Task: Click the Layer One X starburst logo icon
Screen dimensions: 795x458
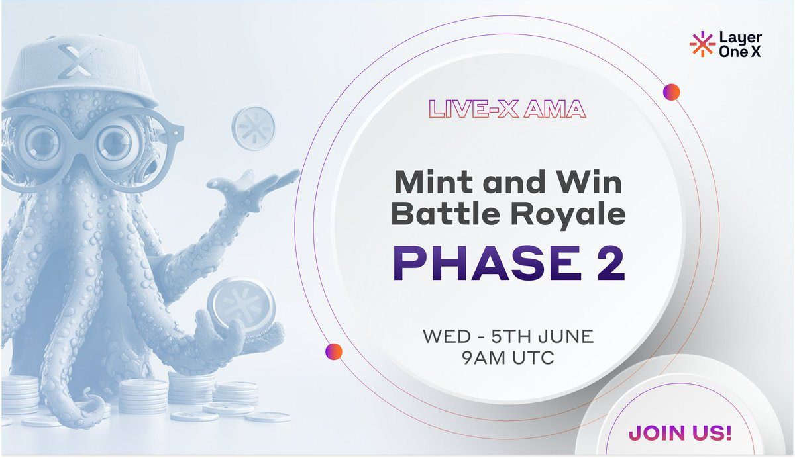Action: point(702,44)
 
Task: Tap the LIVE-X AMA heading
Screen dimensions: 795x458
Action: point(507,109)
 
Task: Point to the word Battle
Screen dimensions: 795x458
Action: point(445,214)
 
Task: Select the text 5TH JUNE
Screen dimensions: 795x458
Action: point(543,336)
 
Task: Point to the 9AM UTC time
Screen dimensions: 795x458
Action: point(508,357)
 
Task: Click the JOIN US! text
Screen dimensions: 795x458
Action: point(680,433)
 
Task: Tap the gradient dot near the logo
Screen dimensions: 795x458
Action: point(672,92)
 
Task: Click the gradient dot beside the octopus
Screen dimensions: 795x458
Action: point(334,351)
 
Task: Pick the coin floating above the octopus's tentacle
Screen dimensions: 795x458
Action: point(253,127)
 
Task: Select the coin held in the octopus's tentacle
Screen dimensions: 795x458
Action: point(242,305)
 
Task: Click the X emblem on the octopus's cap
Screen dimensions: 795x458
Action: point(74,61)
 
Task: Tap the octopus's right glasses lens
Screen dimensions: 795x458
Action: point(115,146)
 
